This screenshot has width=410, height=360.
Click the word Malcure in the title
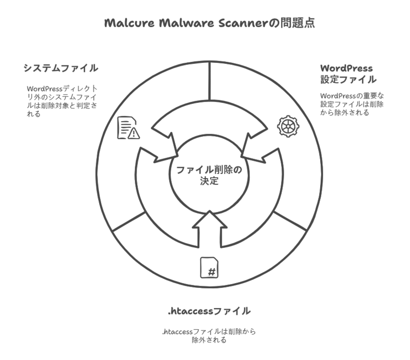point(129,23)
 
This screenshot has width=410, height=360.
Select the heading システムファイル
point(61,68)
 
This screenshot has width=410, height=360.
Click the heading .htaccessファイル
point(209,311)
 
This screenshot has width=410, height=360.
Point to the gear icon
point(288,126)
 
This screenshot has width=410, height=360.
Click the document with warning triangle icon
point(128,128)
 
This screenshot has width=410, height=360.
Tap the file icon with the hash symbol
point(210,268)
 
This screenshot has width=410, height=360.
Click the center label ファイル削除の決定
point(209,175)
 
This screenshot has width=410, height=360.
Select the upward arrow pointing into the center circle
point(210,229)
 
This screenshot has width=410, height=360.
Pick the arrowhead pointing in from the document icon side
point(166,149)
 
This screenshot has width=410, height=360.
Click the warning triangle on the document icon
point(134,134)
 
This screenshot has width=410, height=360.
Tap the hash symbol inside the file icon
point(212,272)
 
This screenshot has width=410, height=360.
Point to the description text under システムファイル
point(62,101)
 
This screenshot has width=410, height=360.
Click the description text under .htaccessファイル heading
point(209,336)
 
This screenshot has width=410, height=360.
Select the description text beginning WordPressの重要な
point(352,104)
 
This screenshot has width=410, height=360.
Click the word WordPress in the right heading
point(347,69)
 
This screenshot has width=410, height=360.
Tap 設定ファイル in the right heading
point(349,79)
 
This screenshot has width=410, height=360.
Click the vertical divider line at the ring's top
point(210,81)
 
